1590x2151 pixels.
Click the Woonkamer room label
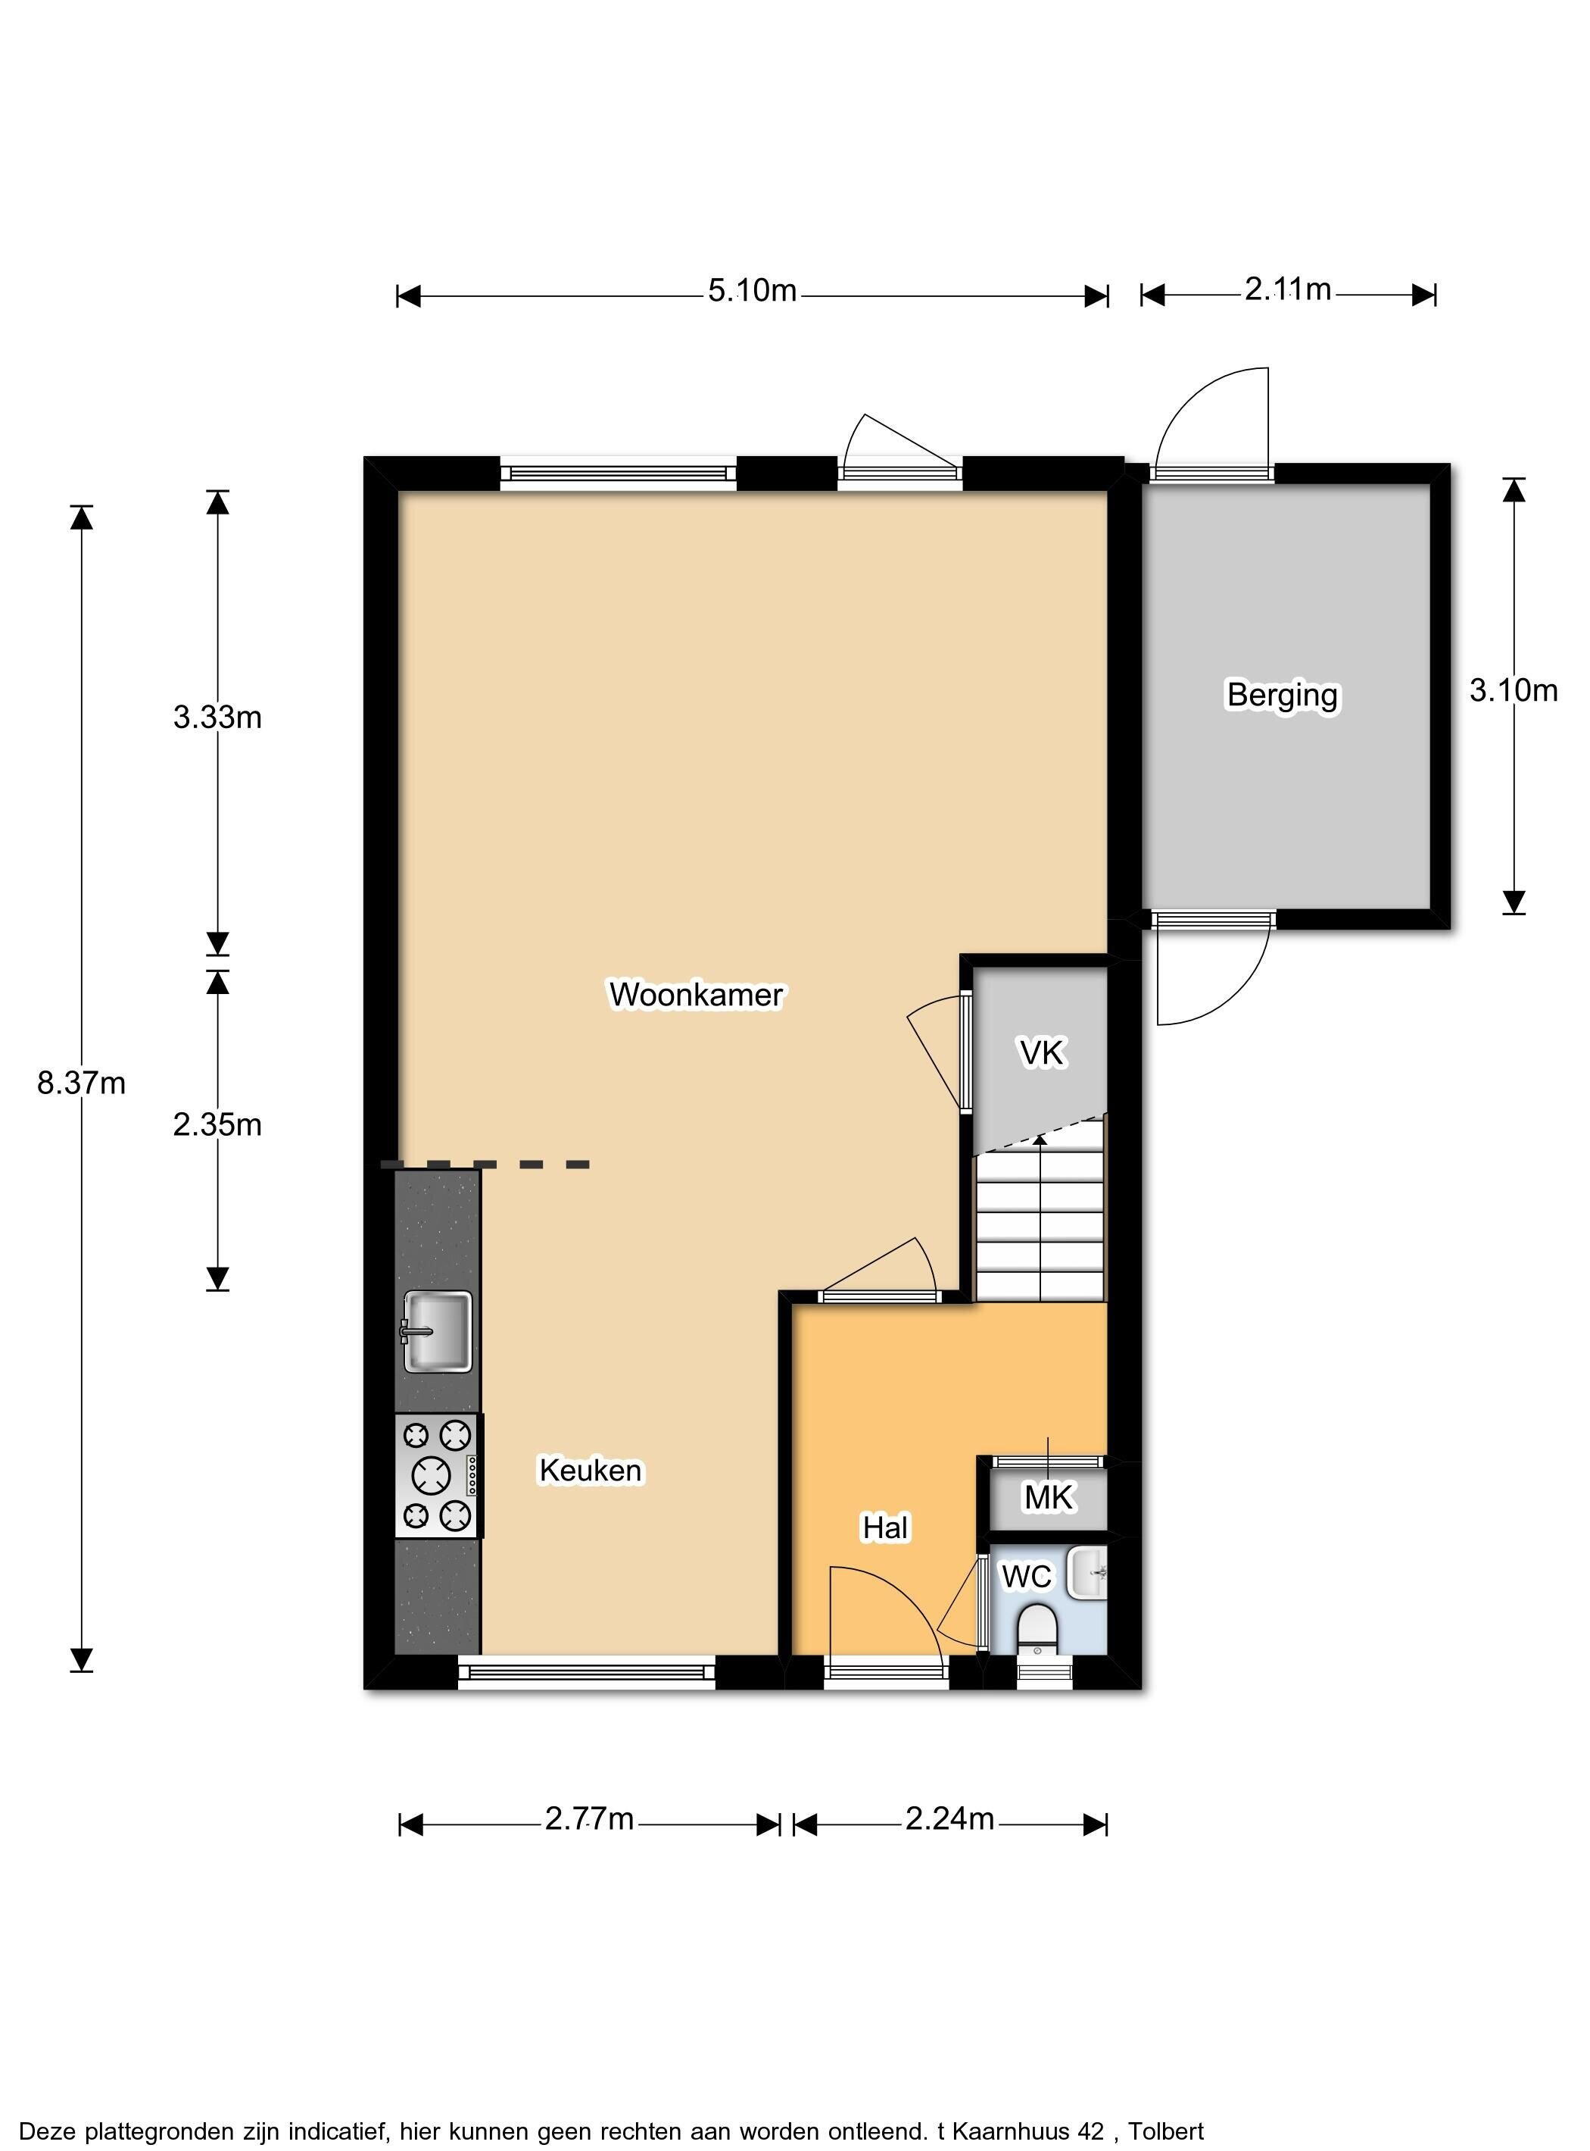pos(696,995)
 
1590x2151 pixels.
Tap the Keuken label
pos(590,1471)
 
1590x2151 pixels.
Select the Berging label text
pos(1282,696)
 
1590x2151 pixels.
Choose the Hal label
pos(885,1527)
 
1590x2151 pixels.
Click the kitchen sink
pos(438,1330)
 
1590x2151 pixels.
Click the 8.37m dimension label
pos(81,1083)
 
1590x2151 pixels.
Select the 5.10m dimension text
pos(753,290)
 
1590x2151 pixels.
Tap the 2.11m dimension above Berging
pos(1288,289)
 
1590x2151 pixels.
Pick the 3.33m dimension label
pos(217,718)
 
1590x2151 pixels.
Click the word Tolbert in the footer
pos(1167,2105)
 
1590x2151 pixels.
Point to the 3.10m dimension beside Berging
pos(1513,690)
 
